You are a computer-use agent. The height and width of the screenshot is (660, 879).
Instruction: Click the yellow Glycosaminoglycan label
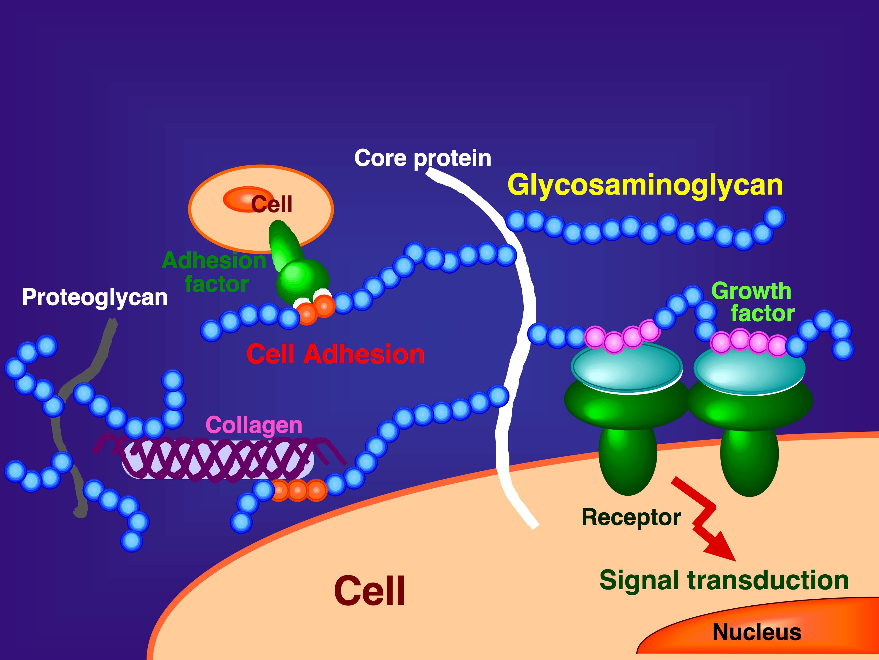(x=645, y=185)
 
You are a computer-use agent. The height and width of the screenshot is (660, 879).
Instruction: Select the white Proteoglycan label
(x=95, y=297)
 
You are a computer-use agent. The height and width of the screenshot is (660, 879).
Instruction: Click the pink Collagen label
(x=254, y=425)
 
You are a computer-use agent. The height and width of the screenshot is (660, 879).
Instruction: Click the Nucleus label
(x=756, y=632)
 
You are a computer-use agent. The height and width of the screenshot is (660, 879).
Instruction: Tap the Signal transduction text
(x=724, y=580)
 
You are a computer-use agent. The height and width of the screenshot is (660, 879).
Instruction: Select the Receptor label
(x=631, y=517)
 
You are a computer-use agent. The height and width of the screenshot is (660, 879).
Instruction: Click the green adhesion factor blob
(x=300, y=274)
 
